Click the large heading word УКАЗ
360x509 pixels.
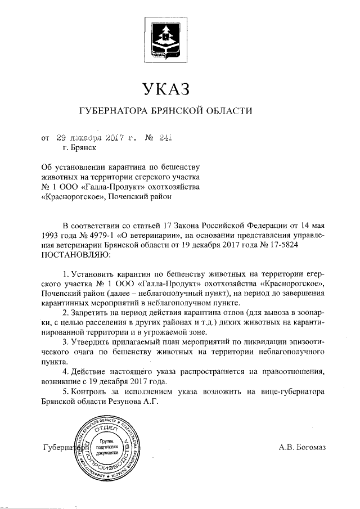pos(164,89)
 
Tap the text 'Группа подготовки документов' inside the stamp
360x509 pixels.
pos(106,447)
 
